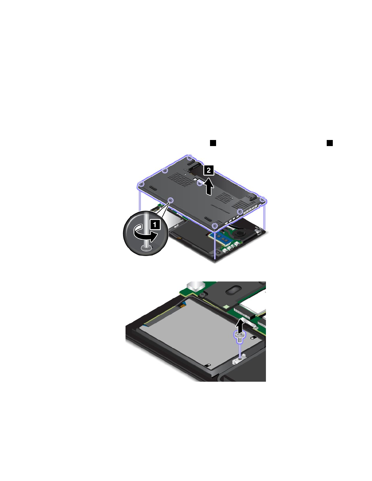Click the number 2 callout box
point(208,170)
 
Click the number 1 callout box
point(155,224)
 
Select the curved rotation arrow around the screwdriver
point(146,234)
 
